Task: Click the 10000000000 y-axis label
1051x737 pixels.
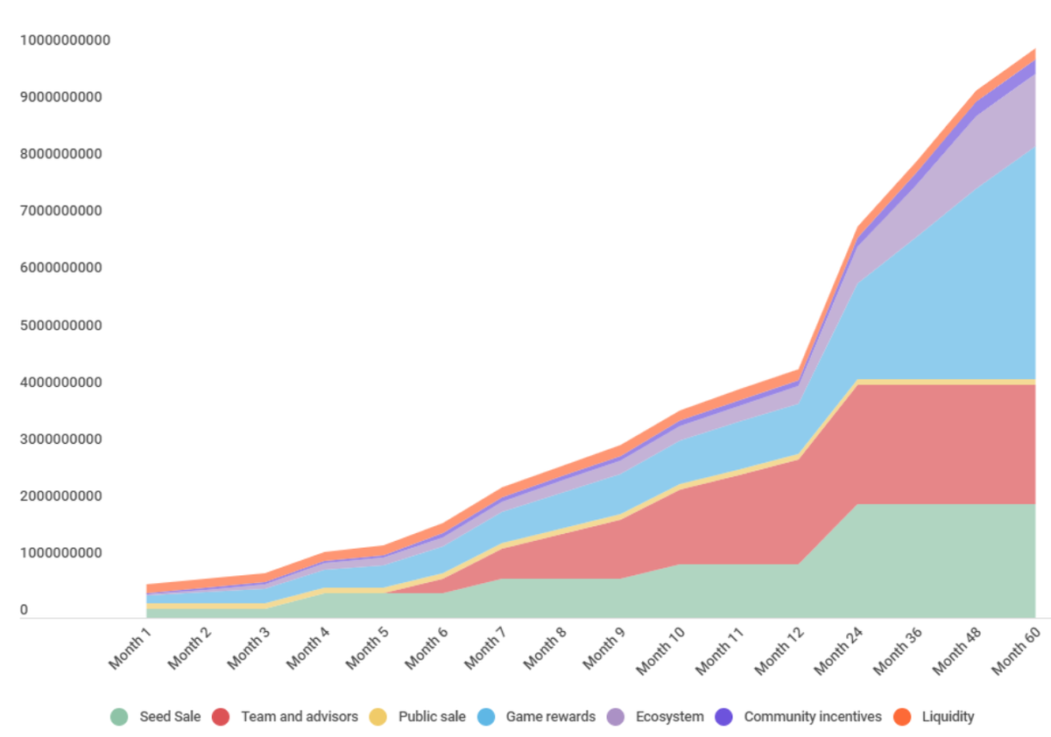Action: (67, 40)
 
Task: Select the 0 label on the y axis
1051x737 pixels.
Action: (24, 610)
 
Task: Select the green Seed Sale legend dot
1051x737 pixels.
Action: (119, 717)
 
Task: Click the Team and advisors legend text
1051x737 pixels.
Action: (300, 717)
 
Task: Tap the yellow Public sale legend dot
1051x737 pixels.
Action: (377, 717)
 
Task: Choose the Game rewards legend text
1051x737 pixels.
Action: (551, 717)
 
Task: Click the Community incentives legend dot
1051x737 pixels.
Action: (723, 717)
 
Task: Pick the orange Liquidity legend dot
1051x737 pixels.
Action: (901, 717)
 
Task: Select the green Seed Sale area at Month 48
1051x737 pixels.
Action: (954, 560)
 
